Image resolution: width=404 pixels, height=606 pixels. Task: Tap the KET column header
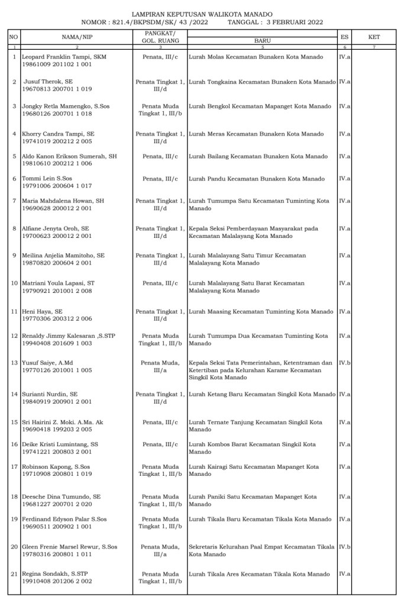(x=374, y=37)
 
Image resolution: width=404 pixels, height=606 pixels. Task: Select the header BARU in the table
(x=261, y=40)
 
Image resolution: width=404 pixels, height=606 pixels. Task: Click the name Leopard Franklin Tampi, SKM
(x=63, y=57)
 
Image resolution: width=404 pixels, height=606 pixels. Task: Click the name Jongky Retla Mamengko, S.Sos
(x=66, y=107)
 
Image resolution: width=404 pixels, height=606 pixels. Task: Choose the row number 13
(x=14, y=362)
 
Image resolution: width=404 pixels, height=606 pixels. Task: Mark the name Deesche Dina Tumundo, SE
(x=62, y=497)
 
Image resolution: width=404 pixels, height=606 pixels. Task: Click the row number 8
(x=14, y=227)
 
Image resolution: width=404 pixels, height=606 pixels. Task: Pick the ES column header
(x=344, y=37)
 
